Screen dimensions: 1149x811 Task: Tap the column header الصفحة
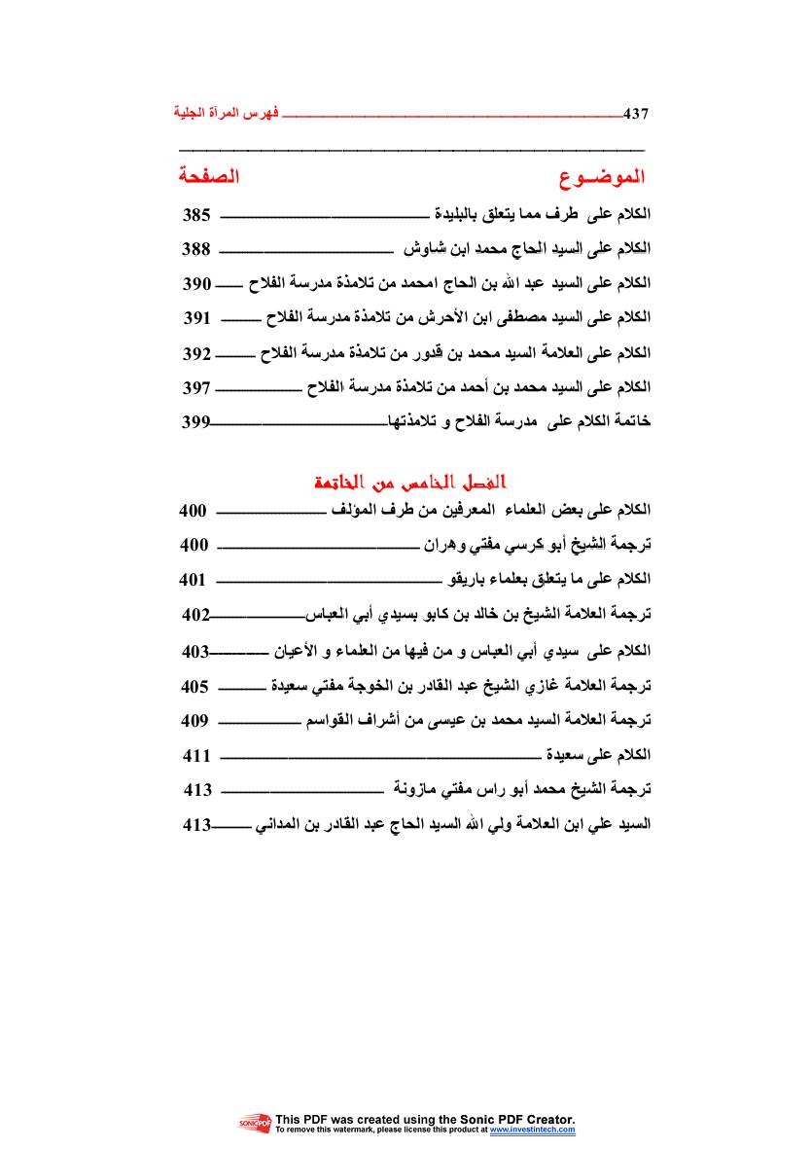point(208,178)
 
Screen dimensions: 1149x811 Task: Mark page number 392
point(196,352)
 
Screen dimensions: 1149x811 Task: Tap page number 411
point(197,756)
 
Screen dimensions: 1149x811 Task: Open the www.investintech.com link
point(532,1131)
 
